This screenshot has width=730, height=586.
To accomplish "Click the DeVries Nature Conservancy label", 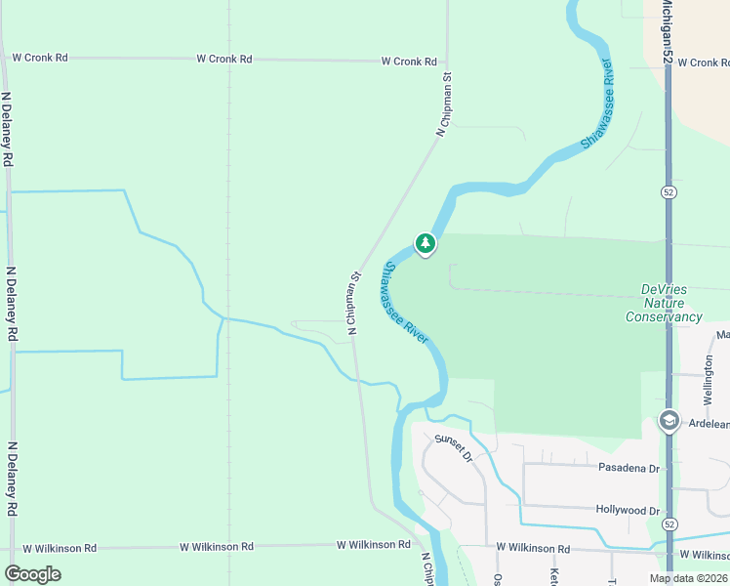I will coord(670,303).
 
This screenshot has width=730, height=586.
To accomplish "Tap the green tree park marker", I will coord(425,243).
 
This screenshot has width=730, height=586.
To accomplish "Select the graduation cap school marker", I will coord(669,421).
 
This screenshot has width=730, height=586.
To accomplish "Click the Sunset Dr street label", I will coord(454,448).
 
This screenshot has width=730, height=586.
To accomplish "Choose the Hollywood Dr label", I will coord(628,510).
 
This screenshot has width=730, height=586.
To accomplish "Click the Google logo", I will coord(32,574).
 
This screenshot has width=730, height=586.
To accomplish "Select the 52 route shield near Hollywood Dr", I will coord(669,524).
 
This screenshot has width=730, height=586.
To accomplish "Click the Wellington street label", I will coord(710,380).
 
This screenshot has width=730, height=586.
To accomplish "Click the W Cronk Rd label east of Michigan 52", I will coord(703,63).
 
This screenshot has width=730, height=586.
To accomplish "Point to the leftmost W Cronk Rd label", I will coord(40,58).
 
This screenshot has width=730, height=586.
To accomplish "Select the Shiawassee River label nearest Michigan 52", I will coord(596,104).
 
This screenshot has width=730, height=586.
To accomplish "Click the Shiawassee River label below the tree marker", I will coord(405,304).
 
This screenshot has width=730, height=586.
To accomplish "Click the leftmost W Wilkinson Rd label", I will coord(60,549).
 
